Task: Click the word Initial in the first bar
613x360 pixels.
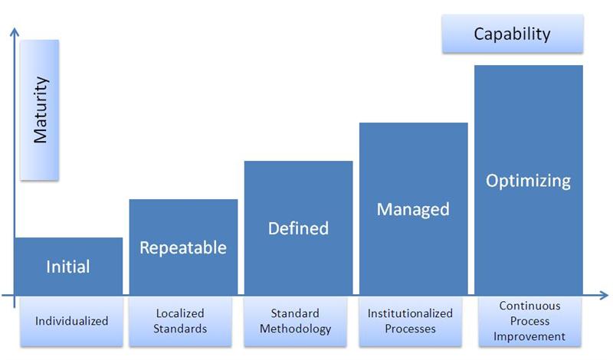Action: click(x=68, y=267)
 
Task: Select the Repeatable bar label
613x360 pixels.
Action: click(x=183, y=248)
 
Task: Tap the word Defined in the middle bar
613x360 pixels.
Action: click(x=298, y=228)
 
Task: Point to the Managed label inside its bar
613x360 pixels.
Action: click(x=413, y=210)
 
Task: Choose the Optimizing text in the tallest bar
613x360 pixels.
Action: click(x=528, y=181)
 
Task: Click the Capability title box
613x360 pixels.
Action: click(x=513, y=34)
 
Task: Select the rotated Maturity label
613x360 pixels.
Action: click(x=41, y=110)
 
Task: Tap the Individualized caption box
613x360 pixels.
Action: click(x=71, y=322)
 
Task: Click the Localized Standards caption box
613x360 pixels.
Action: click(x=180, y=322)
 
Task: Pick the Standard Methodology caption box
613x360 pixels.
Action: click(x=295, y=322)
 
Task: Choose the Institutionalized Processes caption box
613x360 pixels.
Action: click(x=410, y=322)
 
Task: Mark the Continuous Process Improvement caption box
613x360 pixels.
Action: click(x=529, y=322)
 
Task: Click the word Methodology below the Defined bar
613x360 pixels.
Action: click(x=295, y=329)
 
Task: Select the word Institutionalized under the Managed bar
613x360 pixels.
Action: click(x=410, y=313)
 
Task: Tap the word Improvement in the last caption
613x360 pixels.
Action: click(x=529, y=336)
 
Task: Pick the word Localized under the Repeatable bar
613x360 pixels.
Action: click(x=180, y=313)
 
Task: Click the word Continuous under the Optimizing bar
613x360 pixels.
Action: click(x=529, y=306)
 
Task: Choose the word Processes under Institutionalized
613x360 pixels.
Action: click(x=410, y=329)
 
